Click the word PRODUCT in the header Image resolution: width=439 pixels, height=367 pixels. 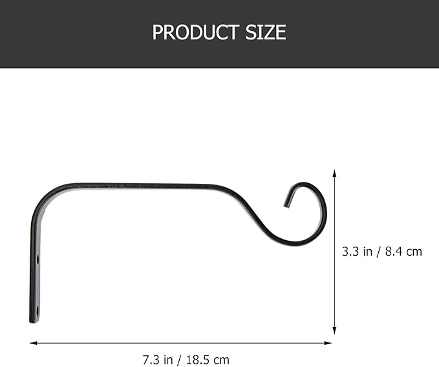click(196, 32)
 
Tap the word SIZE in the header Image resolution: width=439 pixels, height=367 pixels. click(266, 32)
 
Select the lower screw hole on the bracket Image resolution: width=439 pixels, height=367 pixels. click(37, 311)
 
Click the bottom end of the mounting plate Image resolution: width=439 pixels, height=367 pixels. click(34, 321)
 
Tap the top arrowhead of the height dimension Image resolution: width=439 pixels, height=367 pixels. click(334, 173)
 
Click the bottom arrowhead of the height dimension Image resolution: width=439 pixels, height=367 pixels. click(334, 331)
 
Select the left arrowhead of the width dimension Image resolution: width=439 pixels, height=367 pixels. click(34, 343)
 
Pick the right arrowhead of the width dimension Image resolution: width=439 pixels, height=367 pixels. click(328, 343)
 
